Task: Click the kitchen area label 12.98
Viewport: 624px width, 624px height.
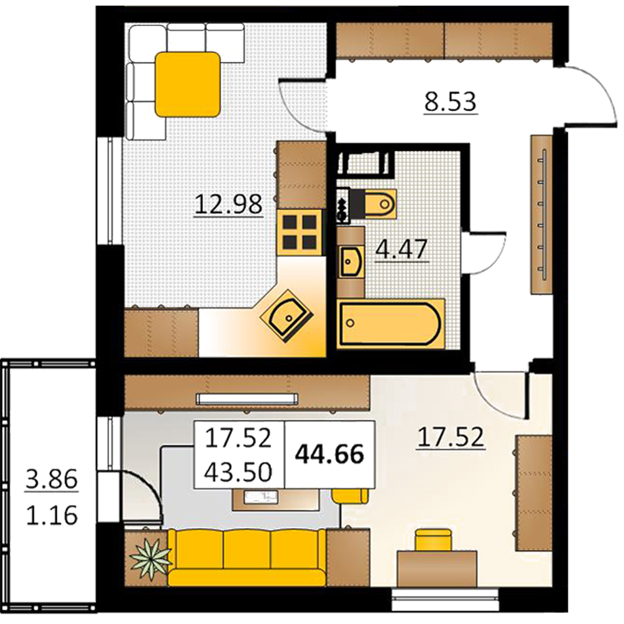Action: pos(228,204)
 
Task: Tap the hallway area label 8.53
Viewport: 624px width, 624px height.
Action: pos(450,102)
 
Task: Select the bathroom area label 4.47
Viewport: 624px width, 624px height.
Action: pos(401,250)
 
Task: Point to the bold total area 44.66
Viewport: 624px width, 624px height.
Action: pos(330,454)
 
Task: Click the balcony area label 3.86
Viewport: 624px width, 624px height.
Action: pos(52,479)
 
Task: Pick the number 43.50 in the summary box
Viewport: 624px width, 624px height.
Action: pos(238,472)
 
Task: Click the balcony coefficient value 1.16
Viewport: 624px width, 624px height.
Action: pos(52,515)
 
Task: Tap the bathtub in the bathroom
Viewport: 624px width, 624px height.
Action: pos(391,323)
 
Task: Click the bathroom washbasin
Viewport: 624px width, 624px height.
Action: pos(351,261)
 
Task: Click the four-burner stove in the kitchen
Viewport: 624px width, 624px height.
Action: pos(300,233)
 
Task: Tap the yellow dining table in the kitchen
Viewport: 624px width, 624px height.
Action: pos(187,84)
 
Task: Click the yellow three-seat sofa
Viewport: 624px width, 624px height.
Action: pos(246,557)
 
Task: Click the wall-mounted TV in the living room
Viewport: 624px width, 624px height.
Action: pos(247,398)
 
